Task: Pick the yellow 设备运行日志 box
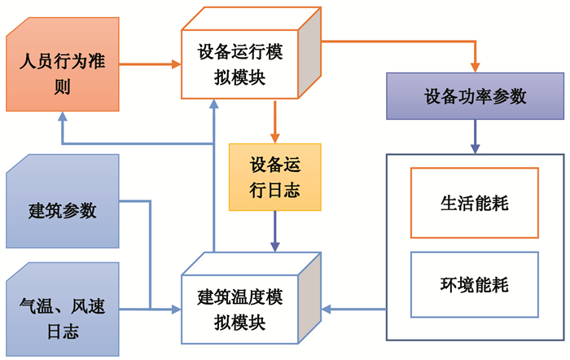click(x=274, y=176)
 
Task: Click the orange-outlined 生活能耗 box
click(x=474, y=203)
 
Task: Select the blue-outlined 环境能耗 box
click(x=474, y=285)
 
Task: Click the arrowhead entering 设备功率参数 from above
click(x=475, y=67)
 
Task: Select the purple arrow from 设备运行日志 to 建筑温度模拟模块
click(x=275, y=230)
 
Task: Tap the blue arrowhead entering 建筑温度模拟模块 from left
click(x=175, y=310)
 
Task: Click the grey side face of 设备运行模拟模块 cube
click(x=309, y=61)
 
